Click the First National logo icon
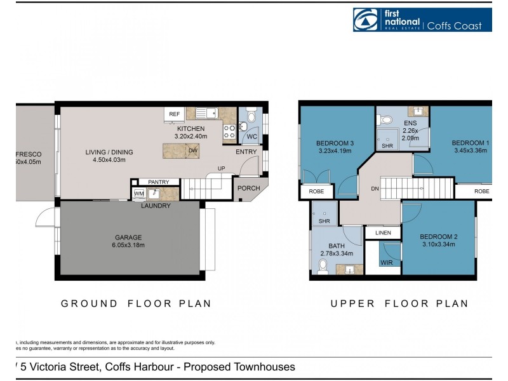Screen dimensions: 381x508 367,19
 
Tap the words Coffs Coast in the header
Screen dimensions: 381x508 458,26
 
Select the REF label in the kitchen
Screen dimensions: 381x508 173,114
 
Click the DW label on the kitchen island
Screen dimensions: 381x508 192,150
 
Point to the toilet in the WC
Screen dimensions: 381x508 250,117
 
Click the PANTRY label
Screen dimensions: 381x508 158,182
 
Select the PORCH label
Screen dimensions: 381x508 248,189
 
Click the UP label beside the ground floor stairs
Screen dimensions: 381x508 221,168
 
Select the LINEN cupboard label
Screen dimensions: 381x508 383,233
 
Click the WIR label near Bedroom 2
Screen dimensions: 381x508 386,262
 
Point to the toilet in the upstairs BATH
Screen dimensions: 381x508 322,271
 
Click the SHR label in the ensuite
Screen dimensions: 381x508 387,145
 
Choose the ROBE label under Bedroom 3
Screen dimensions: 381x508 316,190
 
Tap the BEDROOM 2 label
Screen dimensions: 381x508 439,236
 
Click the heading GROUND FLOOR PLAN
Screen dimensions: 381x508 136,304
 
